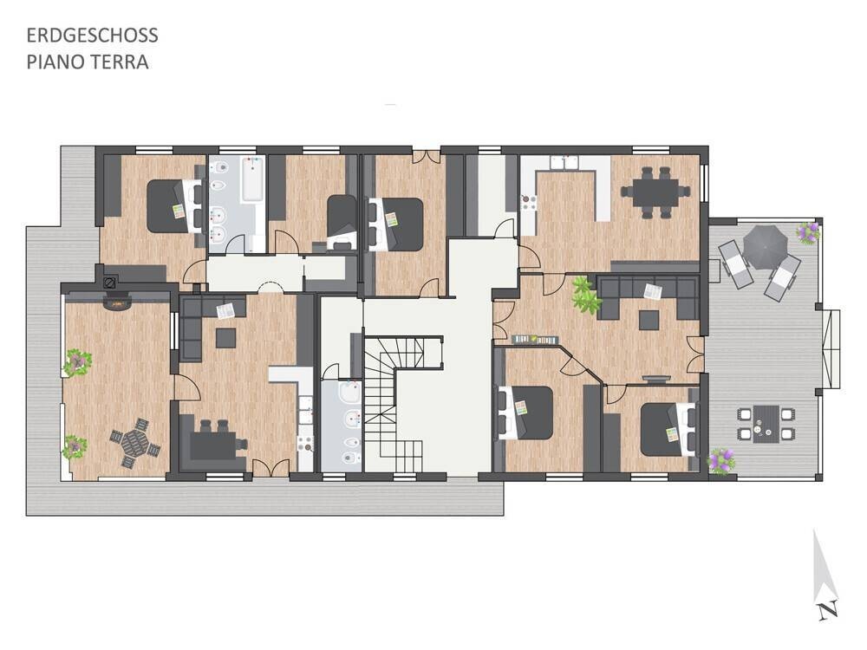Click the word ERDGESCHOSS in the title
click(93, 36)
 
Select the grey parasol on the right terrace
click(765, 247)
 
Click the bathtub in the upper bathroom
click(252, 179)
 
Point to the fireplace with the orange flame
click(116, 302)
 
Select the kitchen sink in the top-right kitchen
click(564, 163)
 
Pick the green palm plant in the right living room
click(586, 296)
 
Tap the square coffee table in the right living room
click(649, 320)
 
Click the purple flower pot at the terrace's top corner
click(808, 231)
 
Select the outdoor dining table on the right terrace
click(766, 424)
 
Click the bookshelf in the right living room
click(536, 340)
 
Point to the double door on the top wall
click(427, 156)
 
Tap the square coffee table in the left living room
click(225, 338)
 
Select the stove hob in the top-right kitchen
click(529, 202)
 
